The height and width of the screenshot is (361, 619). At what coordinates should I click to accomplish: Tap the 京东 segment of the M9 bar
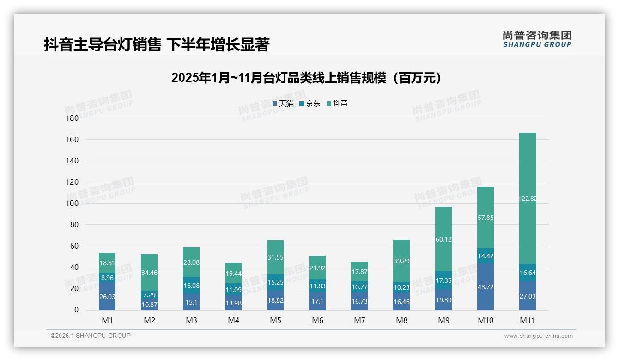click(443, 280)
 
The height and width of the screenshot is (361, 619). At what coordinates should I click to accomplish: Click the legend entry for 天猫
click(283, 104)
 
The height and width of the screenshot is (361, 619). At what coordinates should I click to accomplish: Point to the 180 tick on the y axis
click(73, 118)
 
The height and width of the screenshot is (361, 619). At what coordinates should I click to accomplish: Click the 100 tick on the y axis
click(73, 203)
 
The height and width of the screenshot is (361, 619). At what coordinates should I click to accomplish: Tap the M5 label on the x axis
click(275, 320)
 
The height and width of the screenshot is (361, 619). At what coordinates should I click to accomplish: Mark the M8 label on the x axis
click(401, 320)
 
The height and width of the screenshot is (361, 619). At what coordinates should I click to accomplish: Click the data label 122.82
click(528, 199)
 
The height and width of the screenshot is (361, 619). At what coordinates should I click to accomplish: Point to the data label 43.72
click(485, 287)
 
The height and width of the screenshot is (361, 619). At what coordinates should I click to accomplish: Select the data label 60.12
click(443, 239)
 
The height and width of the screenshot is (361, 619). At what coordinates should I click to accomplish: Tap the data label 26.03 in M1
click(107, 296)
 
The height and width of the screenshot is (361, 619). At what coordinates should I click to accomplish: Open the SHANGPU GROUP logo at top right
click(537, 39)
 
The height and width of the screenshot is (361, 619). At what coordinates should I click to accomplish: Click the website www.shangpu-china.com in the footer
click(538, 336)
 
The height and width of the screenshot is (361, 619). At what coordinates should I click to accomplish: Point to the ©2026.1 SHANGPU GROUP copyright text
click(91, 336)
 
